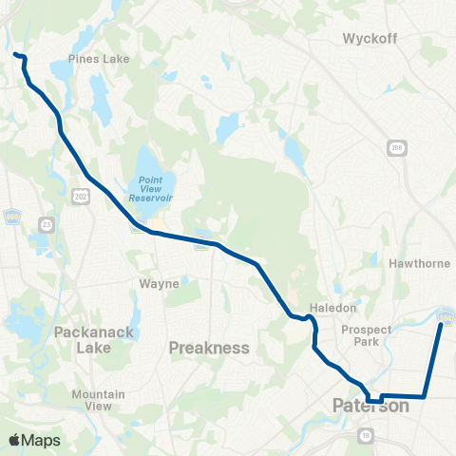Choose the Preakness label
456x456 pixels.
[208, 348]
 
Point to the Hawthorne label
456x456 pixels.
[411, 263]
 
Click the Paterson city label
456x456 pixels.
[370, 407]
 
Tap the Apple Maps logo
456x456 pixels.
[34, 440]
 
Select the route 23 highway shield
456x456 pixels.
[47, 223]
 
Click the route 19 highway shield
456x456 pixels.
[365, 435]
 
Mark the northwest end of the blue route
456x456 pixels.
[15, 55]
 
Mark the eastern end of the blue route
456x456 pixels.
[441, 324]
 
